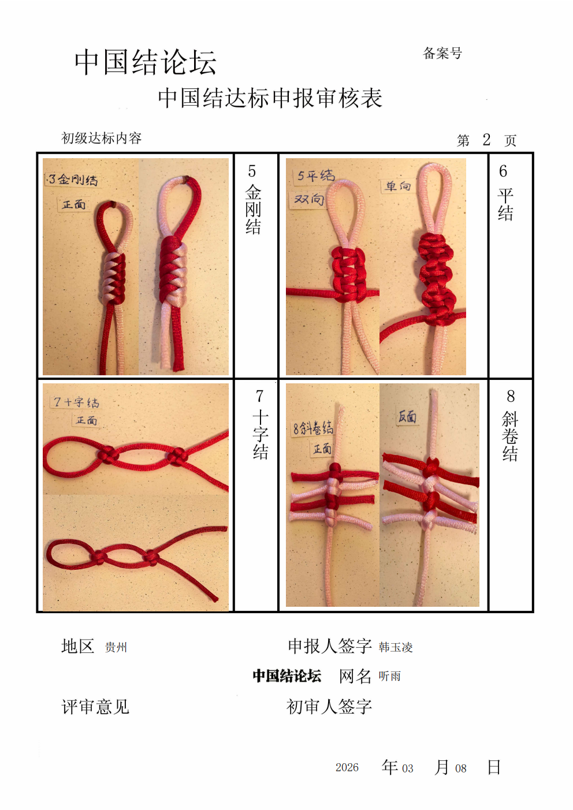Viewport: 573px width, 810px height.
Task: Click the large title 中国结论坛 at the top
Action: pos(146,62)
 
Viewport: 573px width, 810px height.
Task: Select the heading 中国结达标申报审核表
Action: pos(270,98)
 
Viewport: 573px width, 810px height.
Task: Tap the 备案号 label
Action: pos(442,53)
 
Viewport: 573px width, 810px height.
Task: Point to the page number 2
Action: pos(486,140)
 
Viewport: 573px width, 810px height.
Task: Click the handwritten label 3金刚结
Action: pos(72,180)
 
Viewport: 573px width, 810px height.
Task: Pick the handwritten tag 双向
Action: pos(308,199)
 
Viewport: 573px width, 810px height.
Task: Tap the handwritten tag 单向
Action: pos(397,186)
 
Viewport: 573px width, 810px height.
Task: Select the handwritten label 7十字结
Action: pos(76,402)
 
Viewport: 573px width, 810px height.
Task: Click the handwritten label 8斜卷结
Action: pos(313,429)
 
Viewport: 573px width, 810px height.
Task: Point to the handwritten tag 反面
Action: pos(407,417)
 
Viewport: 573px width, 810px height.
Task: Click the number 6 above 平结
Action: pos(503,171)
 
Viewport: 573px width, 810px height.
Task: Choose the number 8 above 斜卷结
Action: pos(511,397)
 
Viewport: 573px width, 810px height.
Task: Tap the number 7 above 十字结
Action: pos(259,397)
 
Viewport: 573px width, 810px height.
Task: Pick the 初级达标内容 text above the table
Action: pos(101,138)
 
